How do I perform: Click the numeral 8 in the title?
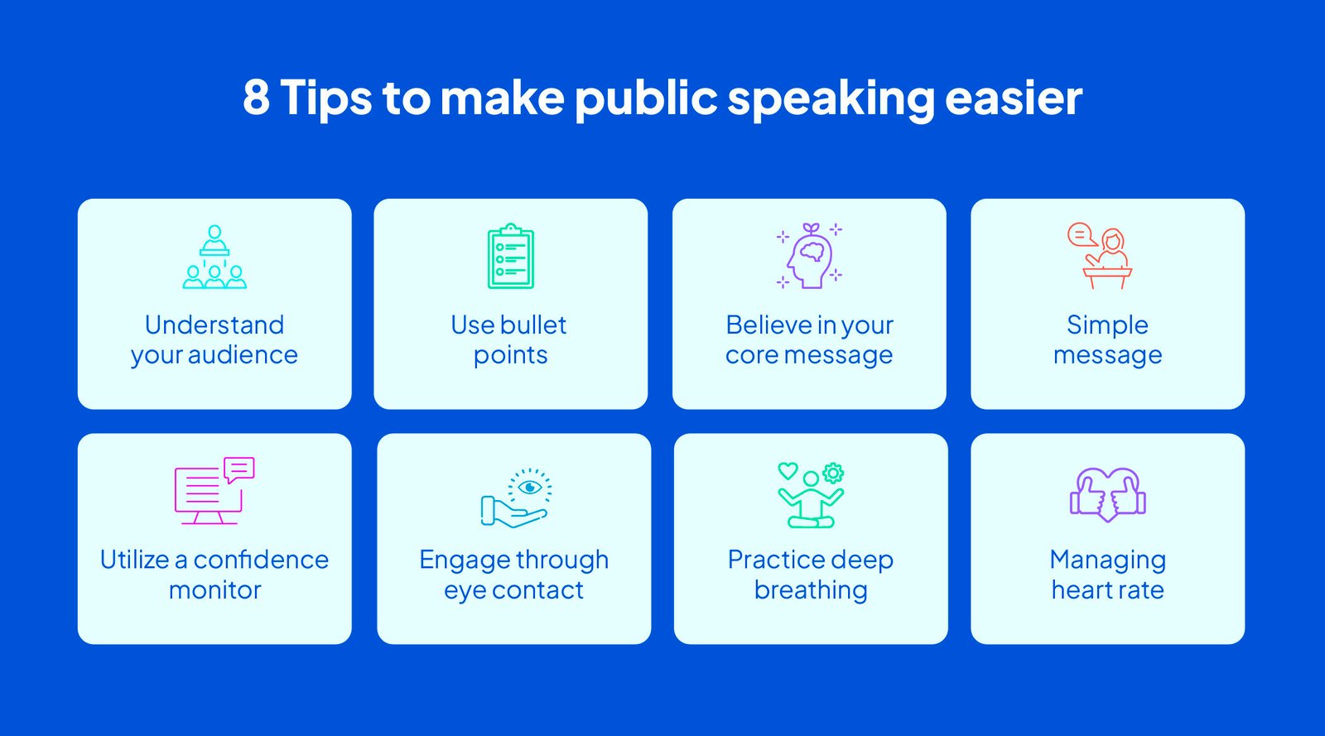(x=256, y=97)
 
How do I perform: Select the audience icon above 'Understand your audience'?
(x=214, y=257)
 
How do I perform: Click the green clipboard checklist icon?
(x=511, y=257)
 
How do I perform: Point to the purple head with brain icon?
(x=810, y=256)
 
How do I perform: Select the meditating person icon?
(x=811, y=495)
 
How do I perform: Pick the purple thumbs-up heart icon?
(x=1108, y=494)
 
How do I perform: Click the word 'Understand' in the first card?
(x=214, y=325)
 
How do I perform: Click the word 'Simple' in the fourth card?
(x=1107, y=325)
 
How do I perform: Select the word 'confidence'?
(x=261, y=560)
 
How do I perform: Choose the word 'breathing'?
(x=811, y=590)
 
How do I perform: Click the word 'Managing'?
(x=1107, y=560)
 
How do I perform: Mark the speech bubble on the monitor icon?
(x=239, y=469)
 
